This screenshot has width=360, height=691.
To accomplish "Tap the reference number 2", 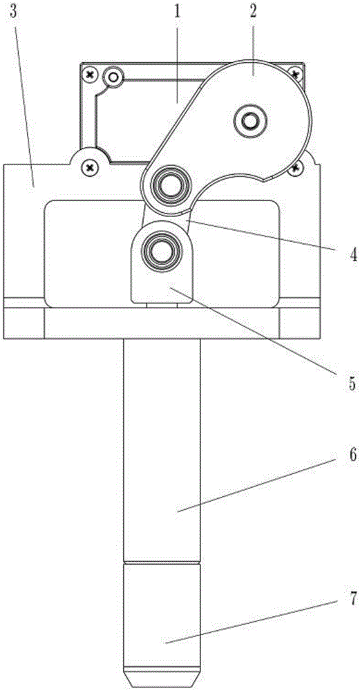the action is (253, 12).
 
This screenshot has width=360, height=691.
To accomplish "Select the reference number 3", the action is (14, 12).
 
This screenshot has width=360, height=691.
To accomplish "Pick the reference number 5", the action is (352, 383).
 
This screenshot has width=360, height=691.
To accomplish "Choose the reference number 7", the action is (352, 598).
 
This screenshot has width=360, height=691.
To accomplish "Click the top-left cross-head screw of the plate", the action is (91, 75).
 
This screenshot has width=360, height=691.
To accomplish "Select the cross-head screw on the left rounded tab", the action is (91, 167).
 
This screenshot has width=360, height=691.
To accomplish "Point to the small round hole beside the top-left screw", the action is (114, 78).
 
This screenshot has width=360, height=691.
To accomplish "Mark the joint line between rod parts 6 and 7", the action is (161, 562).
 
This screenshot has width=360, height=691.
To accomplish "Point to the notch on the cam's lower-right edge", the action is (265, 178).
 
